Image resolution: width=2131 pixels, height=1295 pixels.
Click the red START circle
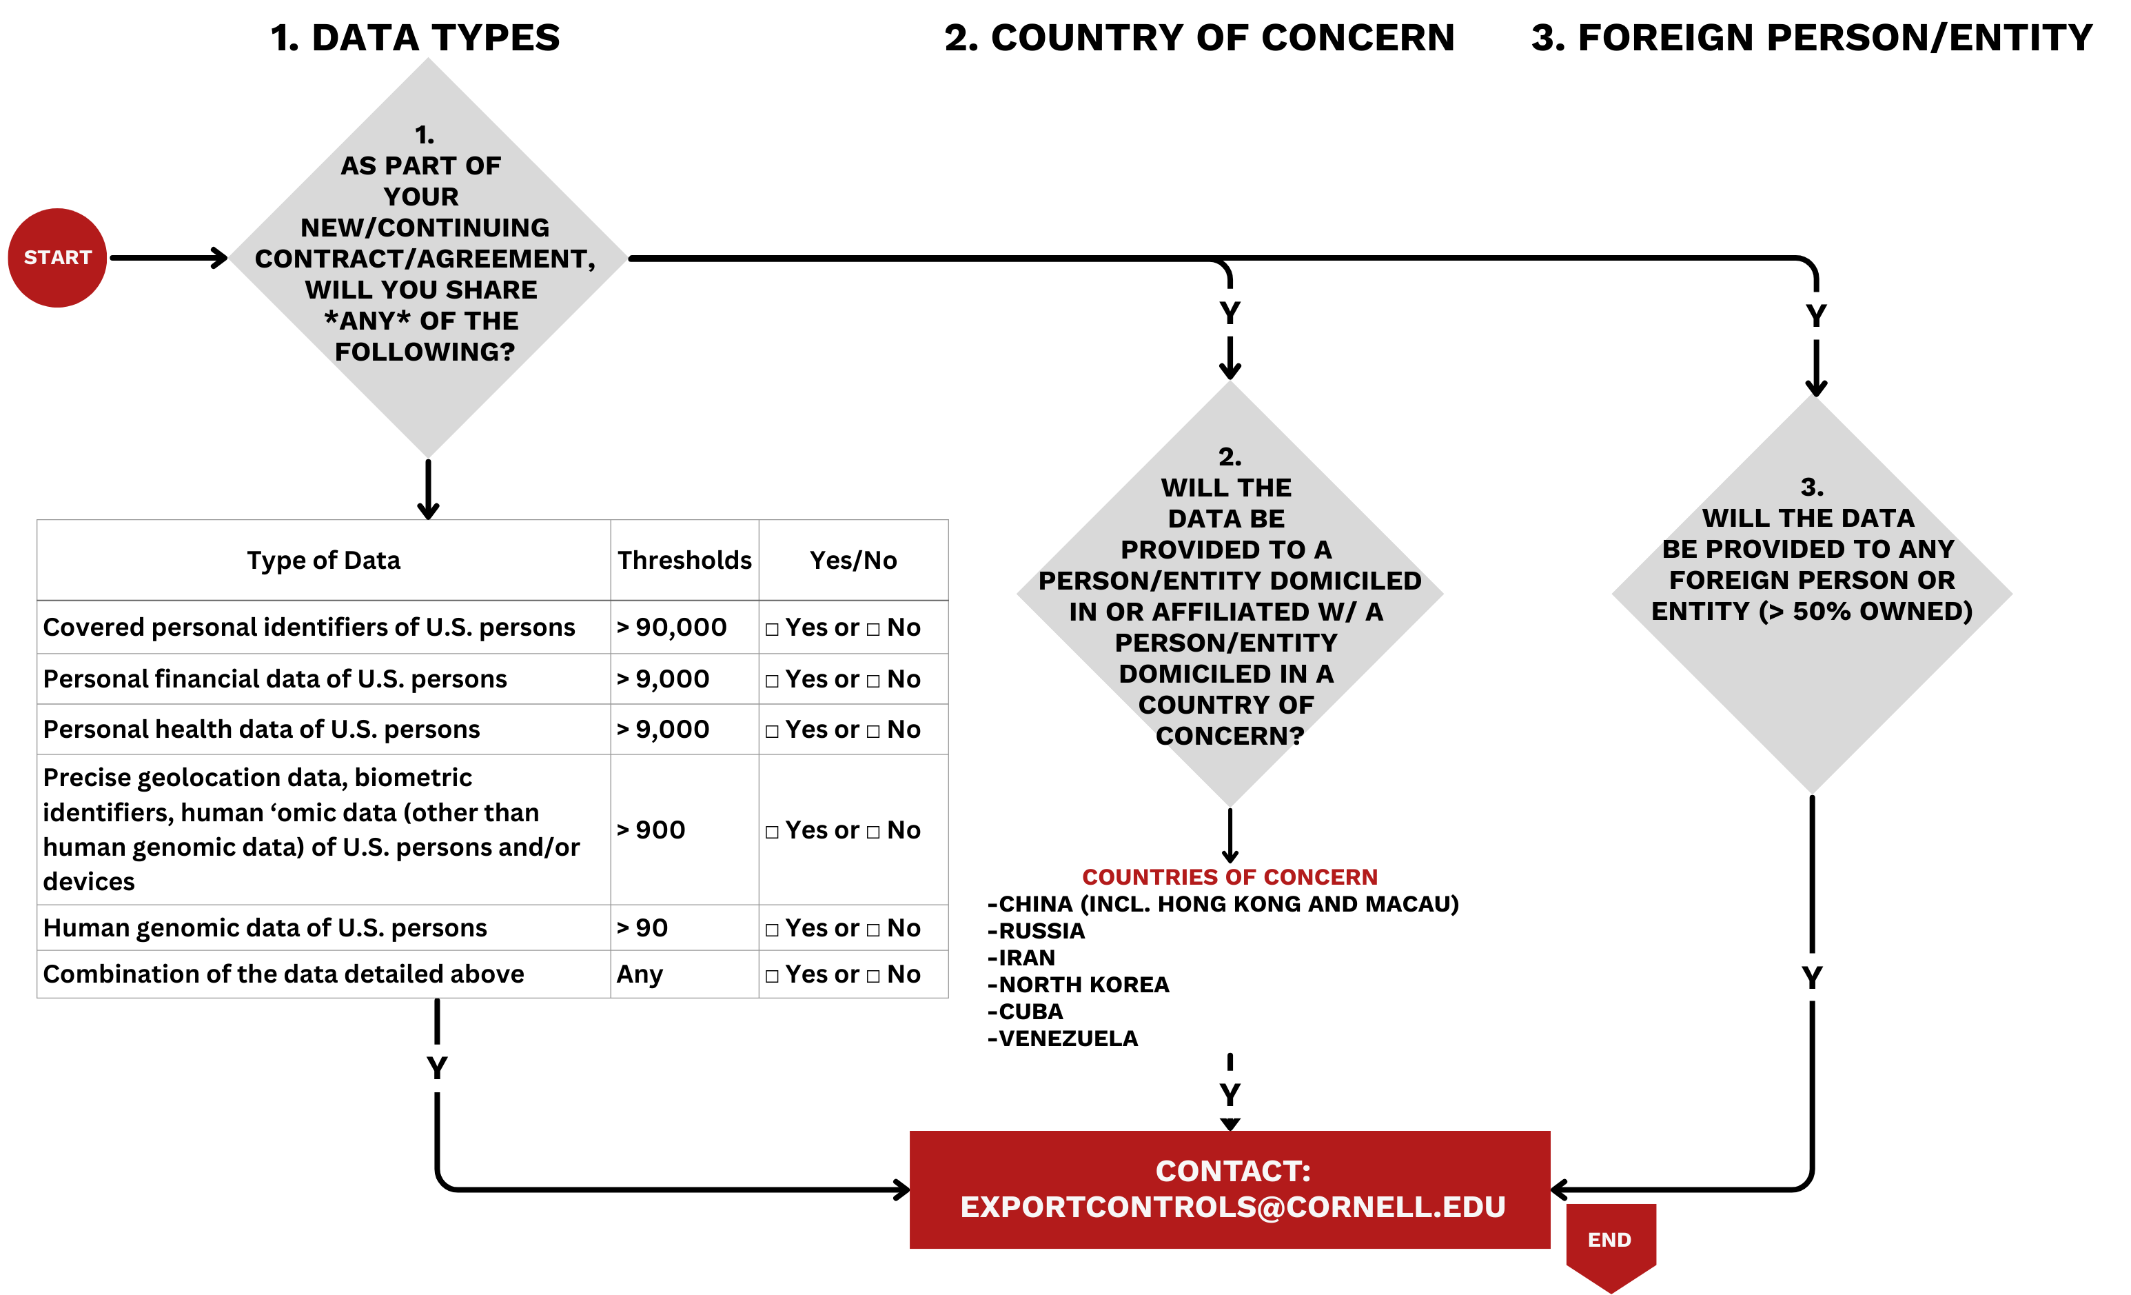point(57,258)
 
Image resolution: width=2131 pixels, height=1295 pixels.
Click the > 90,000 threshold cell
point(672,628)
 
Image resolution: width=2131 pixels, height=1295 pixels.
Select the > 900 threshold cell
point(651,830)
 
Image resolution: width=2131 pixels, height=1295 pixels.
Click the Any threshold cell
point(640,975)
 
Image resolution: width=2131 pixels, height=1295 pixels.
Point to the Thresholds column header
point(684,561)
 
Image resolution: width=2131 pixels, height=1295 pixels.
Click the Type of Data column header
point(323,561)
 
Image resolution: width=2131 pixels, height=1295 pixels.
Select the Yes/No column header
point(853,561)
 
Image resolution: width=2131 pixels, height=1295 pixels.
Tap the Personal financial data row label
point(275,679)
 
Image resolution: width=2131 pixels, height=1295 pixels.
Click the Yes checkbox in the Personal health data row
point(773,732)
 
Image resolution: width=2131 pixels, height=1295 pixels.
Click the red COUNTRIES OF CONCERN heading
point(1230,877)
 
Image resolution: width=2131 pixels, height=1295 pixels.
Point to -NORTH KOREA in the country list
point(1079,985)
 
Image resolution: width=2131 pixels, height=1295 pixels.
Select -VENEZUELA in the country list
point(1063,1038)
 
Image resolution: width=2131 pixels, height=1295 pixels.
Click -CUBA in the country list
point(1026,1012)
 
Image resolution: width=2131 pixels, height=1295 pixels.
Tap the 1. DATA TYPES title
point(415,38)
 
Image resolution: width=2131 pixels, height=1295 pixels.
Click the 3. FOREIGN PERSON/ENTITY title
point(1811,38)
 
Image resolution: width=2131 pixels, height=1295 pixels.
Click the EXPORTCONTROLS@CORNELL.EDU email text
point(1232,1207)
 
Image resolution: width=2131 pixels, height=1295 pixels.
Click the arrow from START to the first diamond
point(169,258)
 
